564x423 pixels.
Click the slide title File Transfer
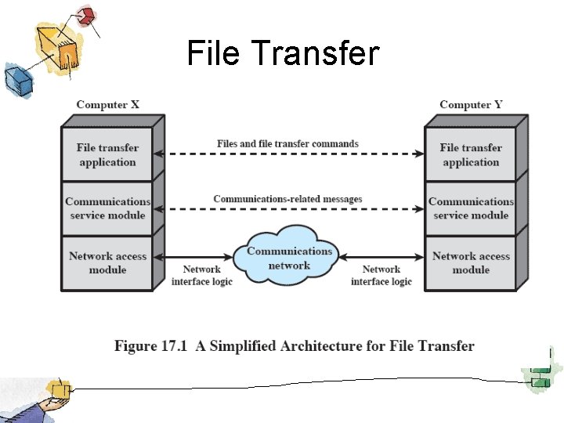[283, 54]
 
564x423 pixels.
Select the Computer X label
[107, 105]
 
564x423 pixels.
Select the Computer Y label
[471, 105]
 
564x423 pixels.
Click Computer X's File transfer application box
[107, 154]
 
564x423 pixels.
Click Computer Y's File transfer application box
[471, 154]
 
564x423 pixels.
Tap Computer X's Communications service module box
[107, 208]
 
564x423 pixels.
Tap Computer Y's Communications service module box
[471, 208]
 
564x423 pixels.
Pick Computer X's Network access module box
[107, 262]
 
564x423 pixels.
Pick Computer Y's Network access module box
[471, 262]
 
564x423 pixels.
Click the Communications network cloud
[289, 258]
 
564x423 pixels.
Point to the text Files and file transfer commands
[287, 144]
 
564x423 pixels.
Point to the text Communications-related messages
[287, 199]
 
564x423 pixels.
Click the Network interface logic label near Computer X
[202, 276]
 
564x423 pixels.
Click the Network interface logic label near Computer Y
[381, 276]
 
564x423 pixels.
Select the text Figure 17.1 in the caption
[149, 346]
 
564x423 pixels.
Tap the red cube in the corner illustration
[86, 15]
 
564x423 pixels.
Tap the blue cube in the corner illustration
[15, 78]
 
